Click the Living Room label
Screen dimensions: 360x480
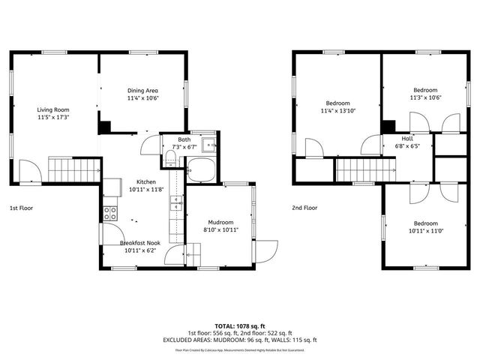tap(52, 109)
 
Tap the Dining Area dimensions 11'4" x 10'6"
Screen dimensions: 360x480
tap(142, 97)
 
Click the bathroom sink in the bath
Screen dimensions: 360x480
tap(211, 145)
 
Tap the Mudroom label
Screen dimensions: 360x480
tap(220, 222)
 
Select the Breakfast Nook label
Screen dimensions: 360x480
tap(140, 243)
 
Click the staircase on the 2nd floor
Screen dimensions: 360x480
tap(363, 170)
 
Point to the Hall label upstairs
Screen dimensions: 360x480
tap(407, 139)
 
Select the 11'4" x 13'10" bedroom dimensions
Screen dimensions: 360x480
tap(337, 111)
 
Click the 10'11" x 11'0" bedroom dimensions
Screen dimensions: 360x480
tap(425, 231)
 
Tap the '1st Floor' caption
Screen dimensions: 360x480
tap(21, 208)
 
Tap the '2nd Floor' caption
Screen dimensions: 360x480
tap(305, 208)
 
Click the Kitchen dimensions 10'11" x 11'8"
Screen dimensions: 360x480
tap(145, 190)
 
